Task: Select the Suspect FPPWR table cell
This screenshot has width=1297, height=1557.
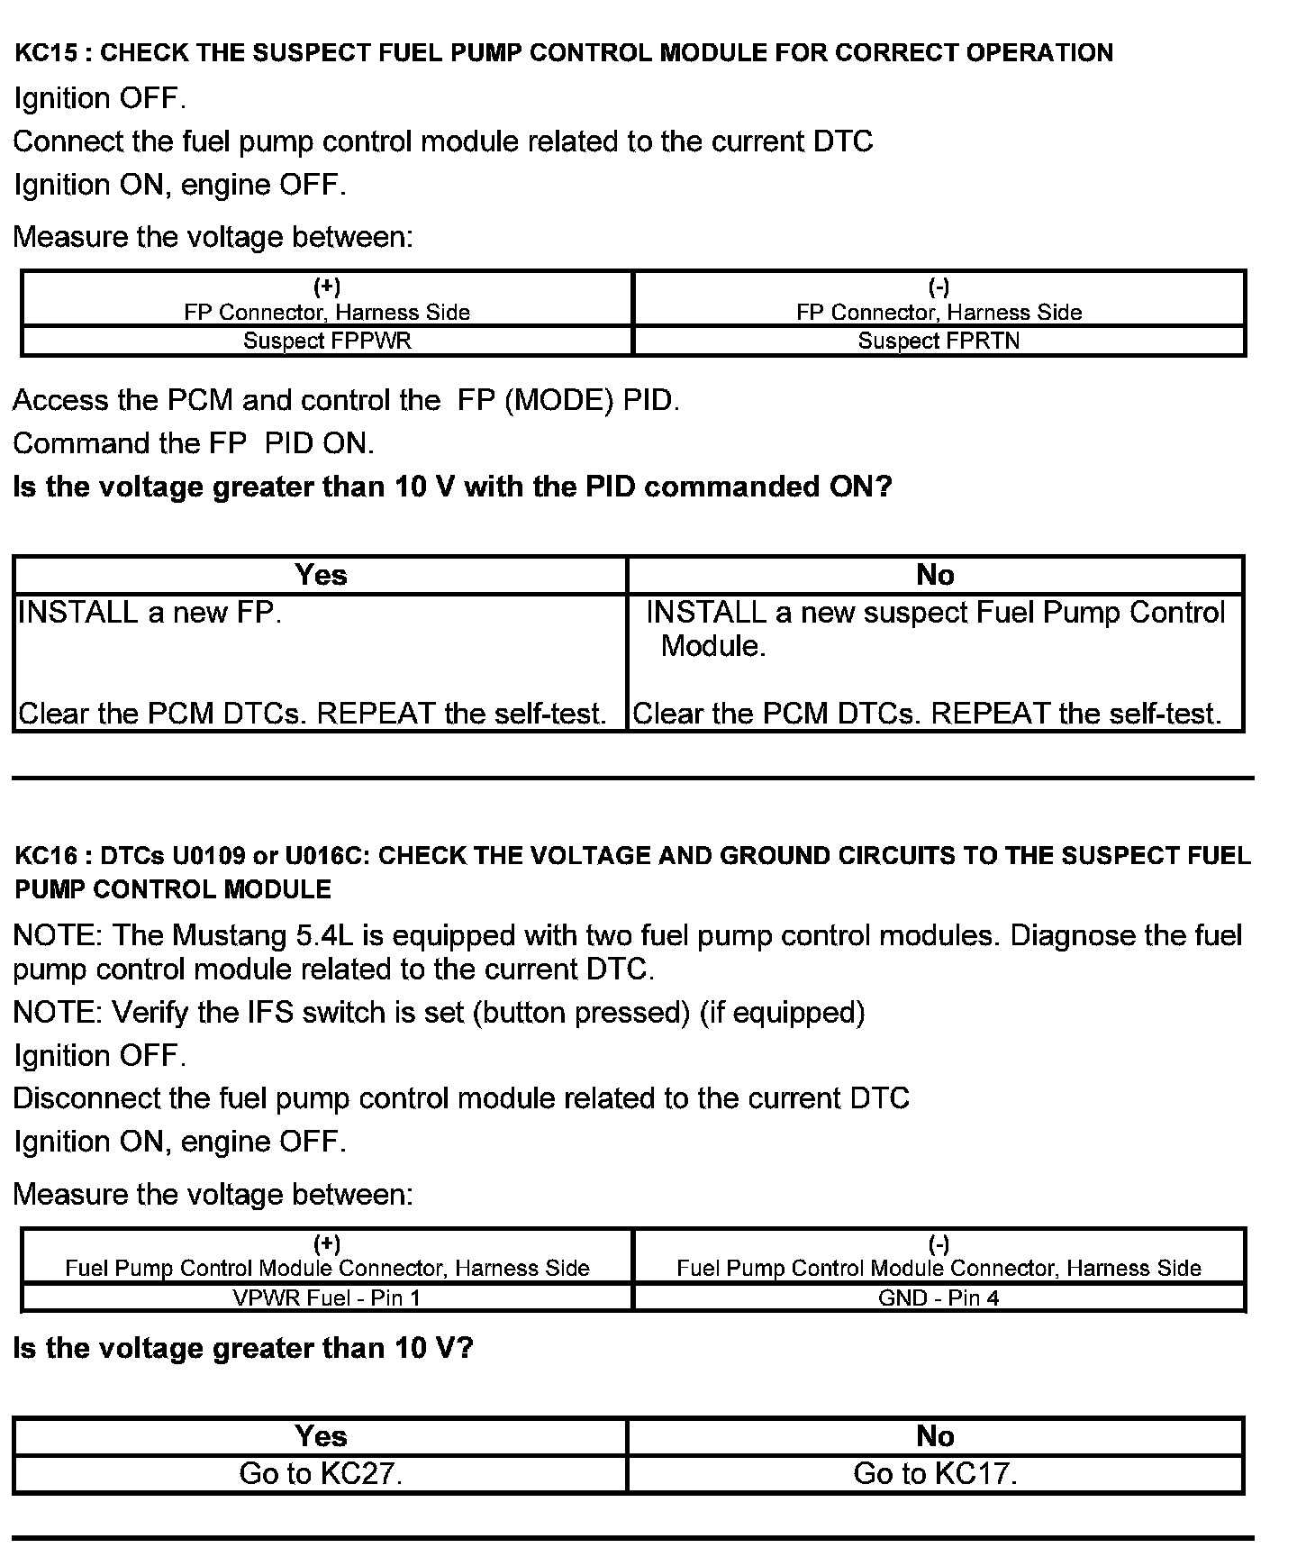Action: point(327,341)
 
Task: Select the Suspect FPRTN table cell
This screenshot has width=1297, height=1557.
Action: point(939,341)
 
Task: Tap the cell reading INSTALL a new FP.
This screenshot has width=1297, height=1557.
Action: point(150,614)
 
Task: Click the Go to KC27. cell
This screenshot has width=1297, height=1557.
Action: point(321,1474)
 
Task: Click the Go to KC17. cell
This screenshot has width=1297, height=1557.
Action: point(935,1474)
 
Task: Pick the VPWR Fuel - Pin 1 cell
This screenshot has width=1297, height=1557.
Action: point(327,1297)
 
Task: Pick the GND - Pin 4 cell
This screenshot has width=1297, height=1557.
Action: point(939,1297)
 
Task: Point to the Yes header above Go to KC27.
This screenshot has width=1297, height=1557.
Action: point(321,1435)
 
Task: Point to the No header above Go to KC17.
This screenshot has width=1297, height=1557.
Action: point(935,1435)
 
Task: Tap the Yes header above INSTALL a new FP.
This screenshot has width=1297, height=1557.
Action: point(321,575)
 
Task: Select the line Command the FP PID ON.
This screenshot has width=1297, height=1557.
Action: point(194,443)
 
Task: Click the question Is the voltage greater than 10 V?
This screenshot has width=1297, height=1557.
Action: point(243,1348)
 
